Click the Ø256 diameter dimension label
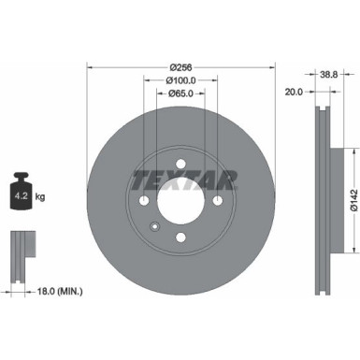pyautogui.click(x=181, y=67)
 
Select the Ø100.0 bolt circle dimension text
pyautogui.click(x=180, y=81)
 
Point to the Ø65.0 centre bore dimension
pyautogui.click(x=180, y=94)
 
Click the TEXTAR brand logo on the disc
pyautogui.click(x=181, y=178)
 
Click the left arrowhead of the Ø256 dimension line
pyautogui.click(x=90, y=67)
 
